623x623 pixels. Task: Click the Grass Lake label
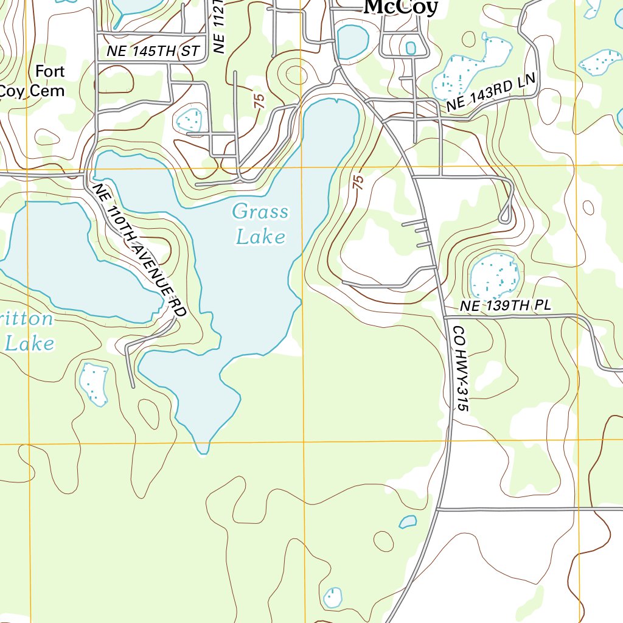point(260,223)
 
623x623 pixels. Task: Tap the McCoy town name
point(401,7)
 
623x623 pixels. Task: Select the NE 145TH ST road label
point(153,52)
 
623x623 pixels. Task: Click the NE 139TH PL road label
point(505,306)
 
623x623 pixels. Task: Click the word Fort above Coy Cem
point(49,71)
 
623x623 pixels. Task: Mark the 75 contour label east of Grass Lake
point(358,182)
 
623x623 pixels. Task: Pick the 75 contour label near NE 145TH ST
point(259,101)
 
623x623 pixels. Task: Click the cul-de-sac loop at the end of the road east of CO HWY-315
point(504,216)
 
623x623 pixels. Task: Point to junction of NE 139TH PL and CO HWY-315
point(444,317)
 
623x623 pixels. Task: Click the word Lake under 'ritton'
point(29,344)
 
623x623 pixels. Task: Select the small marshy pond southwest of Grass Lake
point(94,383)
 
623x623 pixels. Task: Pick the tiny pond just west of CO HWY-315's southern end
point(408,522)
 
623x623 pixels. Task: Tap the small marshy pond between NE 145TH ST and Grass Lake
point(189,120)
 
